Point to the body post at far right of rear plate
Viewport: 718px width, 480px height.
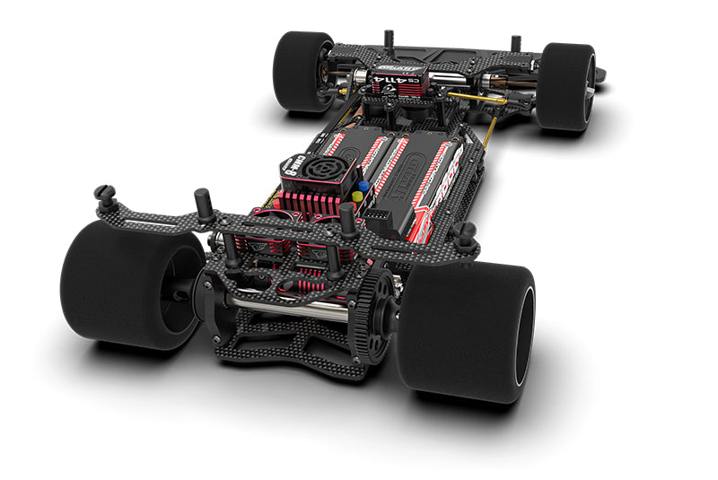click(x=464, y=234)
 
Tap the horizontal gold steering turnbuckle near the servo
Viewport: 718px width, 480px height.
click(x=462, y=96)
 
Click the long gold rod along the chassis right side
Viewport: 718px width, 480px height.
click(x=489, y=135)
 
